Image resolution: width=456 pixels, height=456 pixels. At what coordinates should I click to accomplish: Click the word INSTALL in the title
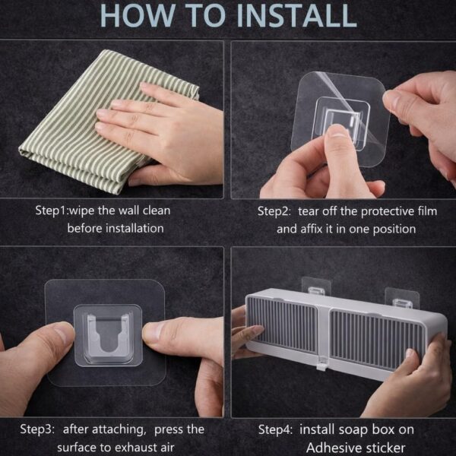(297, 15)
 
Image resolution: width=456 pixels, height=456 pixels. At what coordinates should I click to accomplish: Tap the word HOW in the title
(138, 15)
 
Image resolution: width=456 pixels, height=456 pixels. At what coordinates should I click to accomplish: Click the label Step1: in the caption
(51, 211)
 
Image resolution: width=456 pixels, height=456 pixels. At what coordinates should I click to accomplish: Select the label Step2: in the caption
(274, 211)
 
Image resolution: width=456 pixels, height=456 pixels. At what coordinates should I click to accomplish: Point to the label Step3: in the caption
(37, 429)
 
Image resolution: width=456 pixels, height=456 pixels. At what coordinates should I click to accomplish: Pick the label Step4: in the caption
(275, 429)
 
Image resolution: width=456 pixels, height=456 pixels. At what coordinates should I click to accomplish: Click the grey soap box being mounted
(346, 333)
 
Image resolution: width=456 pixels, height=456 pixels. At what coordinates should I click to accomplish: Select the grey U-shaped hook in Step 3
(108, 334)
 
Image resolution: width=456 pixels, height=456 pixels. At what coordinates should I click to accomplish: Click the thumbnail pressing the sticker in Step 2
(337, 131)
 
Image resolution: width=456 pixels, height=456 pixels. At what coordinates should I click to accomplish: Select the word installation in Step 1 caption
(135, 228)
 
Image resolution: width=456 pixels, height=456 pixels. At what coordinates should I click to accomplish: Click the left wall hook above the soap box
(316, 287)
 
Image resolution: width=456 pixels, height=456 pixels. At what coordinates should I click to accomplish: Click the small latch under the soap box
(322, 364)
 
